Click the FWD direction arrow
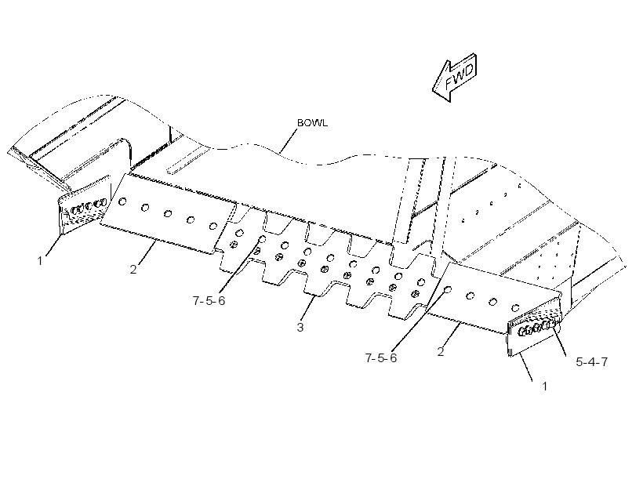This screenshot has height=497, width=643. (454, 78)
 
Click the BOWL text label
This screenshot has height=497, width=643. (312, 123)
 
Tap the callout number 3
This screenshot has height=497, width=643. (300, 327)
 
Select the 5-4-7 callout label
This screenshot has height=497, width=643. (592, 361)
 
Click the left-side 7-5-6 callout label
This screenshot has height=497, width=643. (209, 300)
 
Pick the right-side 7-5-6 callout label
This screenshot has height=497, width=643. (381, 358)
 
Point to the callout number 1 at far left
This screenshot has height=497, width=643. (40, 261)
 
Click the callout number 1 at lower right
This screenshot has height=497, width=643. (544, 386)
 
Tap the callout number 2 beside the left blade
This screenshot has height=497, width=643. (133, 270)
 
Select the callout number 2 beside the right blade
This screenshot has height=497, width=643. (441, 352)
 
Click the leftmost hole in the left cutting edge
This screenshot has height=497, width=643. (122, 201)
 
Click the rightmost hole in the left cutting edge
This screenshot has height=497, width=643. (213, 226)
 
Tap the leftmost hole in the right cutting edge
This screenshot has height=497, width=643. (448, 289)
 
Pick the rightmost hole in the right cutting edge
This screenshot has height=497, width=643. (515, 307)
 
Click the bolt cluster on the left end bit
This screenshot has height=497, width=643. (89, 207)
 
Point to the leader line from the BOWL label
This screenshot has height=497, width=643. (289, 141)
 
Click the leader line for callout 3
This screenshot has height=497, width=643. (310, 307)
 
